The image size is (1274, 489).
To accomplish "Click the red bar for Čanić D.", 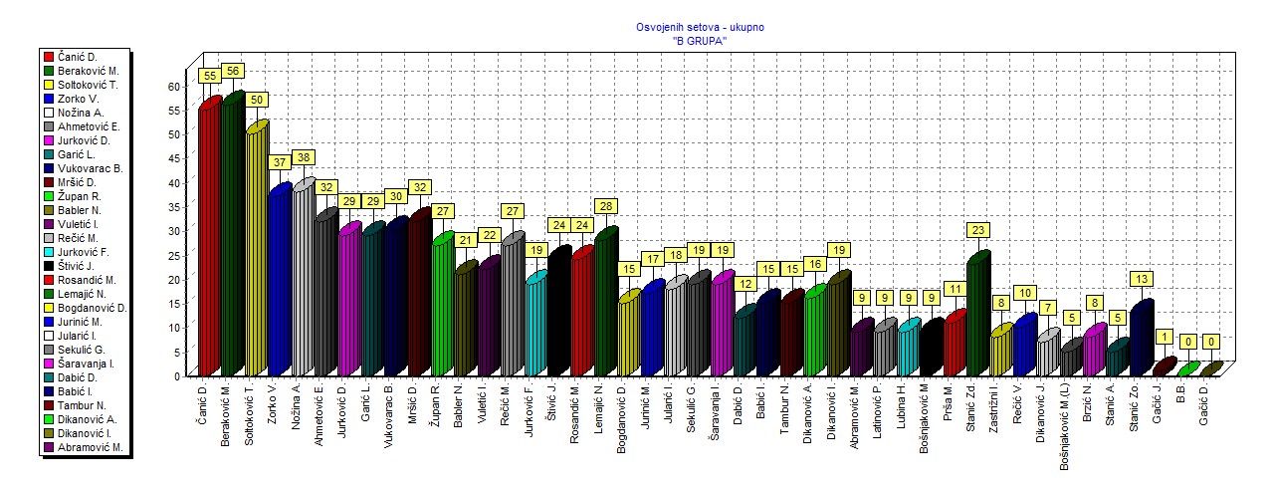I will (209, 239).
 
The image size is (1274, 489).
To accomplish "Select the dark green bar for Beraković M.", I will (233, 236).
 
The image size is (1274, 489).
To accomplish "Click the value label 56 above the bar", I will (233, 71).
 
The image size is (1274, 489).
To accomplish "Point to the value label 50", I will (257, 100).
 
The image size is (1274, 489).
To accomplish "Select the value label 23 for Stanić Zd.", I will (977, 230).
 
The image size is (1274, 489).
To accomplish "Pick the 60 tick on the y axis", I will (173, 87).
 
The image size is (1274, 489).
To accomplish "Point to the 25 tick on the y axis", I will (173, 256).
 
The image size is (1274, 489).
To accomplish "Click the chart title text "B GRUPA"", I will (700, 40).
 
